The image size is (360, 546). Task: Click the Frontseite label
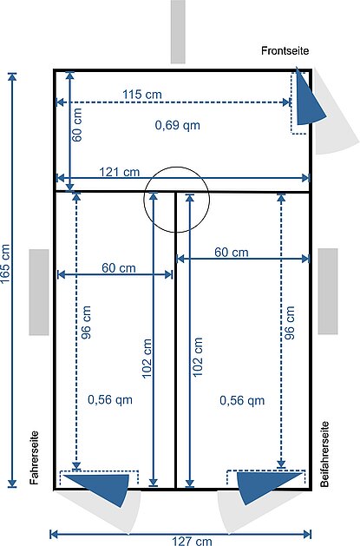(285, 51)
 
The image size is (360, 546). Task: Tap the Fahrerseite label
(34, 458)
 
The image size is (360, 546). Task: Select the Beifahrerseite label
(324, 454)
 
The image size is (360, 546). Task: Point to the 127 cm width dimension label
(192, 541)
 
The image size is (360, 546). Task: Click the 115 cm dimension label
(142, 95)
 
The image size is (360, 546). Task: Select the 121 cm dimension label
(120, 172)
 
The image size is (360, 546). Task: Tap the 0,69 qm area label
(177, 125)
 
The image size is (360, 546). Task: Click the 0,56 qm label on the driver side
(110, 399)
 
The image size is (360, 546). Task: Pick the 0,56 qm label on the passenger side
(242, 400)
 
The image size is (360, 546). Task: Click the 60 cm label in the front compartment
(77, 125)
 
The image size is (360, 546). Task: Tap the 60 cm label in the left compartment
(119, 268)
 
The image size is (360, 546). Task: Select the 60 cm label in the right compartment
(232, 252)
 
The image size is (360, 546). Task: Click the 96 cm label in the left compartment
(86, 322)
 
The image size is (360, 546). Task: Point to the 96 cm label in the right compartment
(290, 323)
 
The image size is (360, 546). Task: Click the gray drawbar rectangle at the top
(178, 32)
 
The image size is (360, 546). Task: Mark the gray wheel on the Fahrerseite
(39, 293)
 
